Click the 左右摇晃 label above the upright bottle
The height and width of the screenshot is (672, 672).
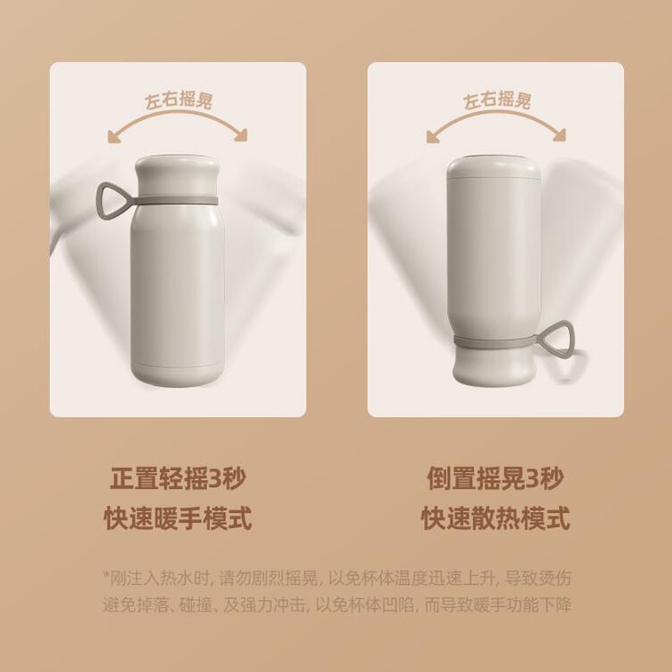point(179,100)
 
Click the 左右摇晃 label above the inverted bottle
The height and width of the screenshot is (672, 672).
point(497,100)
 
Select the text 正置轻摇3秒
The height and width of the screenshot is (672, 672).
point(178,478)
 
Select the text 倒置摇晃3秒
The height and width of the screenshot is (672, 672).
point(495,478)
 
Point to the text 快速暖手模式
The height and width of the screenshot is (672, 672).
point(178,517)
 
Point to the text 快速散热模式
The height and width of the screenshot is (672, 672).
point(495,517)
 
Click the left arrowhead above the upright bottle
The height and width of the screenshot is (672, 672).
point(115,137)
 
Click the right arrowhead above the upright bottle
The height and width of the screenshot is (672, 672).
point(241,135)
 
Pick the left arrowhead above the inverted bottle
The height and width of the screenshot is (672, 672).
point(434,137)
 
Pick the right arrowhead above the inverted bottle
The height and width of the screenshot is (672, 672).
point(559,135)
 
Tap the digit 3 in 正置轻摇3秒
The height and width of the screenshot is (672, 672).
point(214,478)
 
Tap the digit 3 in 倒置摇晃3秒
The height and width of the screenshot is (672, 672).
point(532,478)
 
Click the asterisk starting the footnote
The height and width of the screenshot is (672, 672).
point(107,574)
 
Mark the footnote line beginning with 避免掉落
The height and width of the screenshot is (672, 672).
point(337,605)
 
